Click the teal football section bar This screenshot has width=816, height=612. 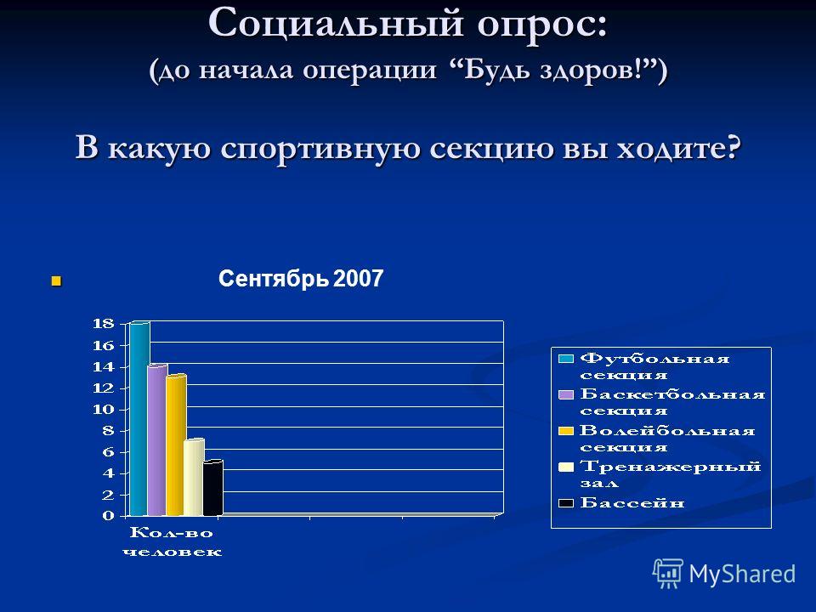point(139,419)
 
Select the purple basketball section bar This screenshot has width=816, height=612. point(157,440)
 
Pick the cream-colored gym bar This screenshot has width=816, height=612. point(194,478)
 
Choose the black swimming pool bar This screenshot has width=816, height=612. point(212,488)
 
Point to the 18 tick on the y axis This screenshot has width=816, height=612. point(103,324)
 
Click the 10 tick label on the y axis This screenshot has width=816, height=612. point(103,410)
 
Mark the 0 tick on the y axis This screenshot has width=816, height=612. point(108,516)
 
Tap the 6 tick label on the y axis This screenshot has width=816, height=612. point(108,452)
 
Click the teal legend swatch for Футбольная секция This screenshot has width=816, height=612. point(566,359)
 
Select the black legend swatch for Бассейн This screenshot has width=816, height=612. point(566,503)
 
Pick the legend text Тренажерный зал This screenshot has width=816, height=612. point(671,474)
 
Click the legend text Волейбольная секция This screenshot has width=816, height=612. point(667,439)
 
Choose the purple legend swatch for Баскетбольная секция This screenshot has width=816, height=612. point(566,394)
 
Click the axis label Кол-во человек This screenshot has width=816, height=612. point(173,541)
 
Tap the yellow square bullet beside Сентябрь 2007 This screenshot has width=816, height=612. point(56,281)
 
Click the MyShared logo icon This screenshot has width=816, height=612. point(668,574)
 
